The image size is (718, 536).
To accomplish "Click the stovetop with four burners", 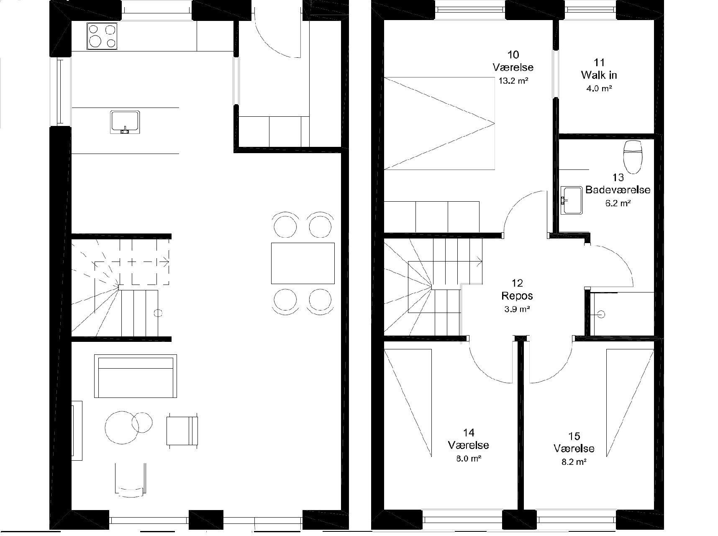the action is tap(102, 36).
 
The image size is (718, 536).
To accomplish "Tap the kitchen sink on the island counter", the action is tap(125, 122).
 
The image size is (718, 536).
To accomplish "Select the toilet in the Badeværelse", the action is tap(632, 156).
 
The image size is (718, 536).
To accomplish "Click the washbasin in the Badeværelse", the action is tap(571, 200).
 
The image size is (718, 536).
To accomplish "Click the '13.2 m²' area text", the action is tap(513, 81).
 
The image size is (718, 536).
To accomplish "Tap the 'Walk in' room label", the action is tap(599, 75).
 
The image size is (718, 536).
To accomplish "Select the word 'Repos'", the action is tap(517, 296).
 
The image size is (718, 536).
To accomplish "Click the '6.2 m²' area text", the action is tap(618, 203).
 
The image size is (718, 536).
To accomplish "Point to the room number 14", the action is tap(468, 433).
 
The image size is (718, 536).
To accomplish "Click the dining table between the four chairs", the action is tap(303, 263).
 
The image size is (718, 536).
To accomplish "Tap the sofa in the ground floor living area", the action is tap(135, 376).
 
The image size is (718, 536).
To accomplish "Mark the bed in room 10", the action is tap(439, 123).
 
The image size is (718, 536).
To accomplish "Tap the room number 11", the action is tap(599, 62).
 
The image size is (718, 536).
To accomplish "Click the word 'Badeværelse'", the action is tap(618, 190).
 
